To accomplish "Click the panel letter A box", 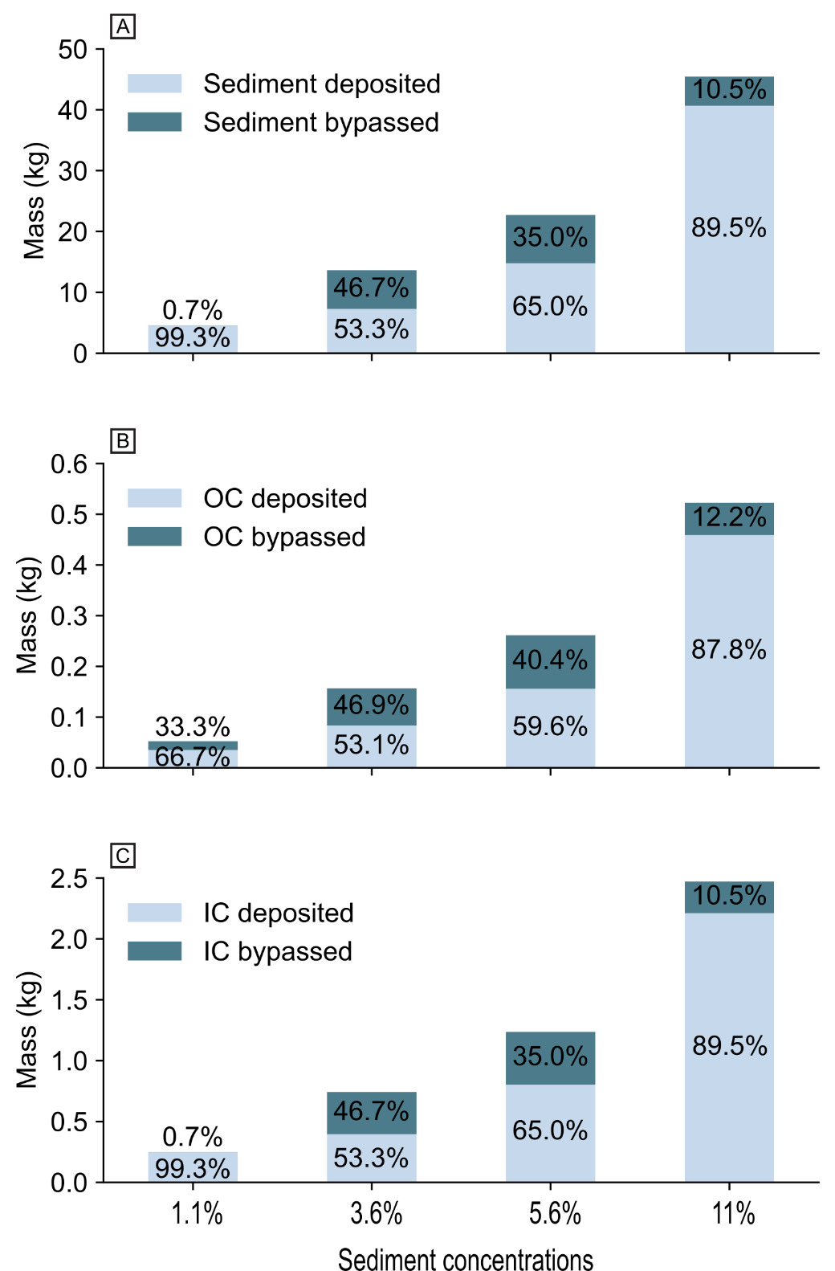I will pyautogui.click(x=123, y=27).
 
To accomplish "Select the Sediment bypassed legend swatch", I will pyautogui.click(x=154, y=122).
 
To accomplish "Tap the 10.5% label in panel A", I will pyautogui.click(x=729, y=90).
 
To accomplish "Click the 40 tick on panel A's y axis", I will pyautogui.click(x=72, y=110).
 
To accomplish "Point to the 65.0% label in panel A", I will pyautogui.click(x=550, y=307).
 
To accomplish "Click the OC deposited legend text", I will pyautogui.click(x=285, y=498).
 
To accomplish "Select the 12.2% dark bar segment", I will pyautogui.click(x=729, y=518).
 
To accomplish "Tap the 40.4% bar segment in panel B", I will pyautogui.click(x=550, y=661).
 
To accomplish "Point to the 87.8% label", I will pyautogui.click(x=729, y=650).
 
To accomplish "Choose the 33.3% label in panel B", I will pyautogui.click(x=193, y=727).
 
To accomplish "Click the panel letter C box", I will pyautogui.click(x=123, y=856).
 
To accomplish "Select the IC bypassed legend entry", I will pyautogui.click(x=277, y=951).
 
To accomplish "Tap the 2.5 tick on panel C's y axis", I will pyautogui.click(x=69, y=879).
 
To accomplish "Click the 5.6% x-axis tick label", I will pyautogui.click(x=555, y=1214).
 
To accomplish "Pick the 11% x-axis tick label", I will pyautogui.click(x=733, y=1214).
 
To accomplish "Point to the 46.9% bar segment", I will pyautogui.click(x=371, y=706).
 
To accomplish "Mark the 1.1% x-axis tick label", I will pyautogui.click(x=197, y=1214).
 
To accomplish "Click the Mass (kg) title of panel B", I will pyautogui.click(x=27, y=615).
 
